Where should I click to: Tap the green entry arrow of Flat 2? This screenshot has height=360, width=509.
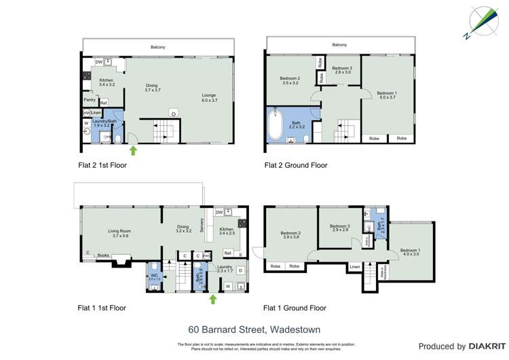pyautogui.click(x=133, y=149)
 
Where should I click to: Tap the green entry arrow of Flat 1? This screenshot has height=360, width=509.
pyautogui.click(x=213, y=298)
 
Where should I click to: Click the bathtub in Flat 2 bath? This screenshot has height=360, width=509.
pyautogui.click(x=276, y=124)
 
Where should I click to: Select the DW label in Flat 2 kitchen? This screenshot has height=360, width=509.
pyautogui.click(x=98, y=62)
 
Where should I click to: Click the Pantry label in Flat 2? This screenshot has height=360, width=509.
pyautogui.click(x=90, y=100)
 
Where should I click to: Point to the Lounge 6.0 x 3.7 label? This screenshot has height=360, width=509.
pyautogui.click(x=210, y=98)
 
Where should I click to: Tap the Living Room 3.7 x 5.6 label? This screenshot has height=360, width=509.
pyautogui.click(x=119, y=234)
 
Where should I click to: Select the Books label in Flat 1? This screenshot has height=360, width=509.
pyautogui.click(x=103, y=255)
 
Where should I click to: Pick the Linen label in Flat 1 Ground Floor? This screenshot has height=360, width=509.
pyautogui.click(x=354, y=267)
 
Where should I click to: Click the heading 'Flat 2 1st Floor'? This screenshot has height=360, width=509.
pyautogui.click(x=102, y=165)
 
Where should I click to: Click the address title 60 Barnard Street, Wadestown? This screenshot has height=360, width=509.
pyautogui.click(x=254, y=330)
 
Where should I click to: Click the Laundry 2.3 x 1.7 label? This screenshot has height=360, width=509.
pyautogui.click(x=225, y=270)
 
